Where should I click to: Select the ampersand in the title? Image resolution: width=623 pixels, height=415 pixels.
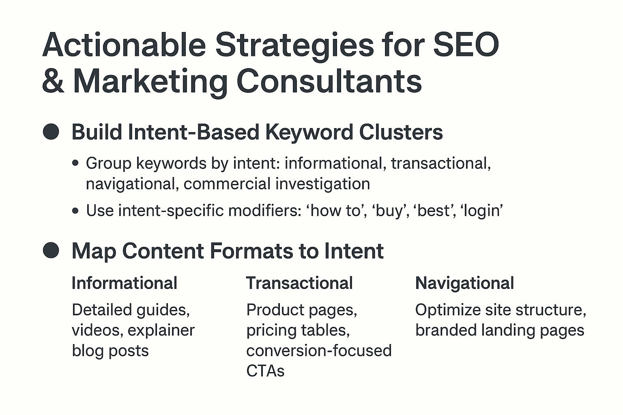click(53, 81)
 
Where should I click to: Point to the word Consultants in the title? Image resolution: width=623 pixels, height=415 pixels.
click(329, 81)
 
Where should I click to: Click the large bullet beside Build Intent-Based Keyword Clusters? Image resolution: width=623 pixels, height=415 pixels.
click(51, 132)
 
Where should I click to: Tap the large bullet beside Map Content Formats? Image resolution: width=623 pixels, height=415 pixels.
click(51, 250)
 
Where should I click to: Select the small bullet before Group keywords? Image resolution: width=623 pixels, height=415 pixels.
click(75, 163)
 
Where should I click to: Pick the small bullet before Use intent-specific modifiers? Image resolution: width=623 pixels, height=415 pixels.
click(75, 211)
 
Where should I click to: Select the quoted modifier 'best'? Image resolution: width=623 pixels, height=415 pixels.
click(434, 211)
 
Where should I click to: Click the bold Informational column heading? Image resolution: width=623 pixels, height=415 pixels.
click(124, 283)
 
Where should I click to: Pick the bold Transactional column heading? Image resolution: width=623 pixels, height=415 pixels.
click(299, 283)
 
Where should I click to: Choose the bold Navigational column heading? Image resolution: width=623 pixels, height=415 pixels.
click(464, 283)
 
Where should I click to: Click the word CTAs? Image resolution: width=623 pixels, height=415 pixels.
click(265, 370)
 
